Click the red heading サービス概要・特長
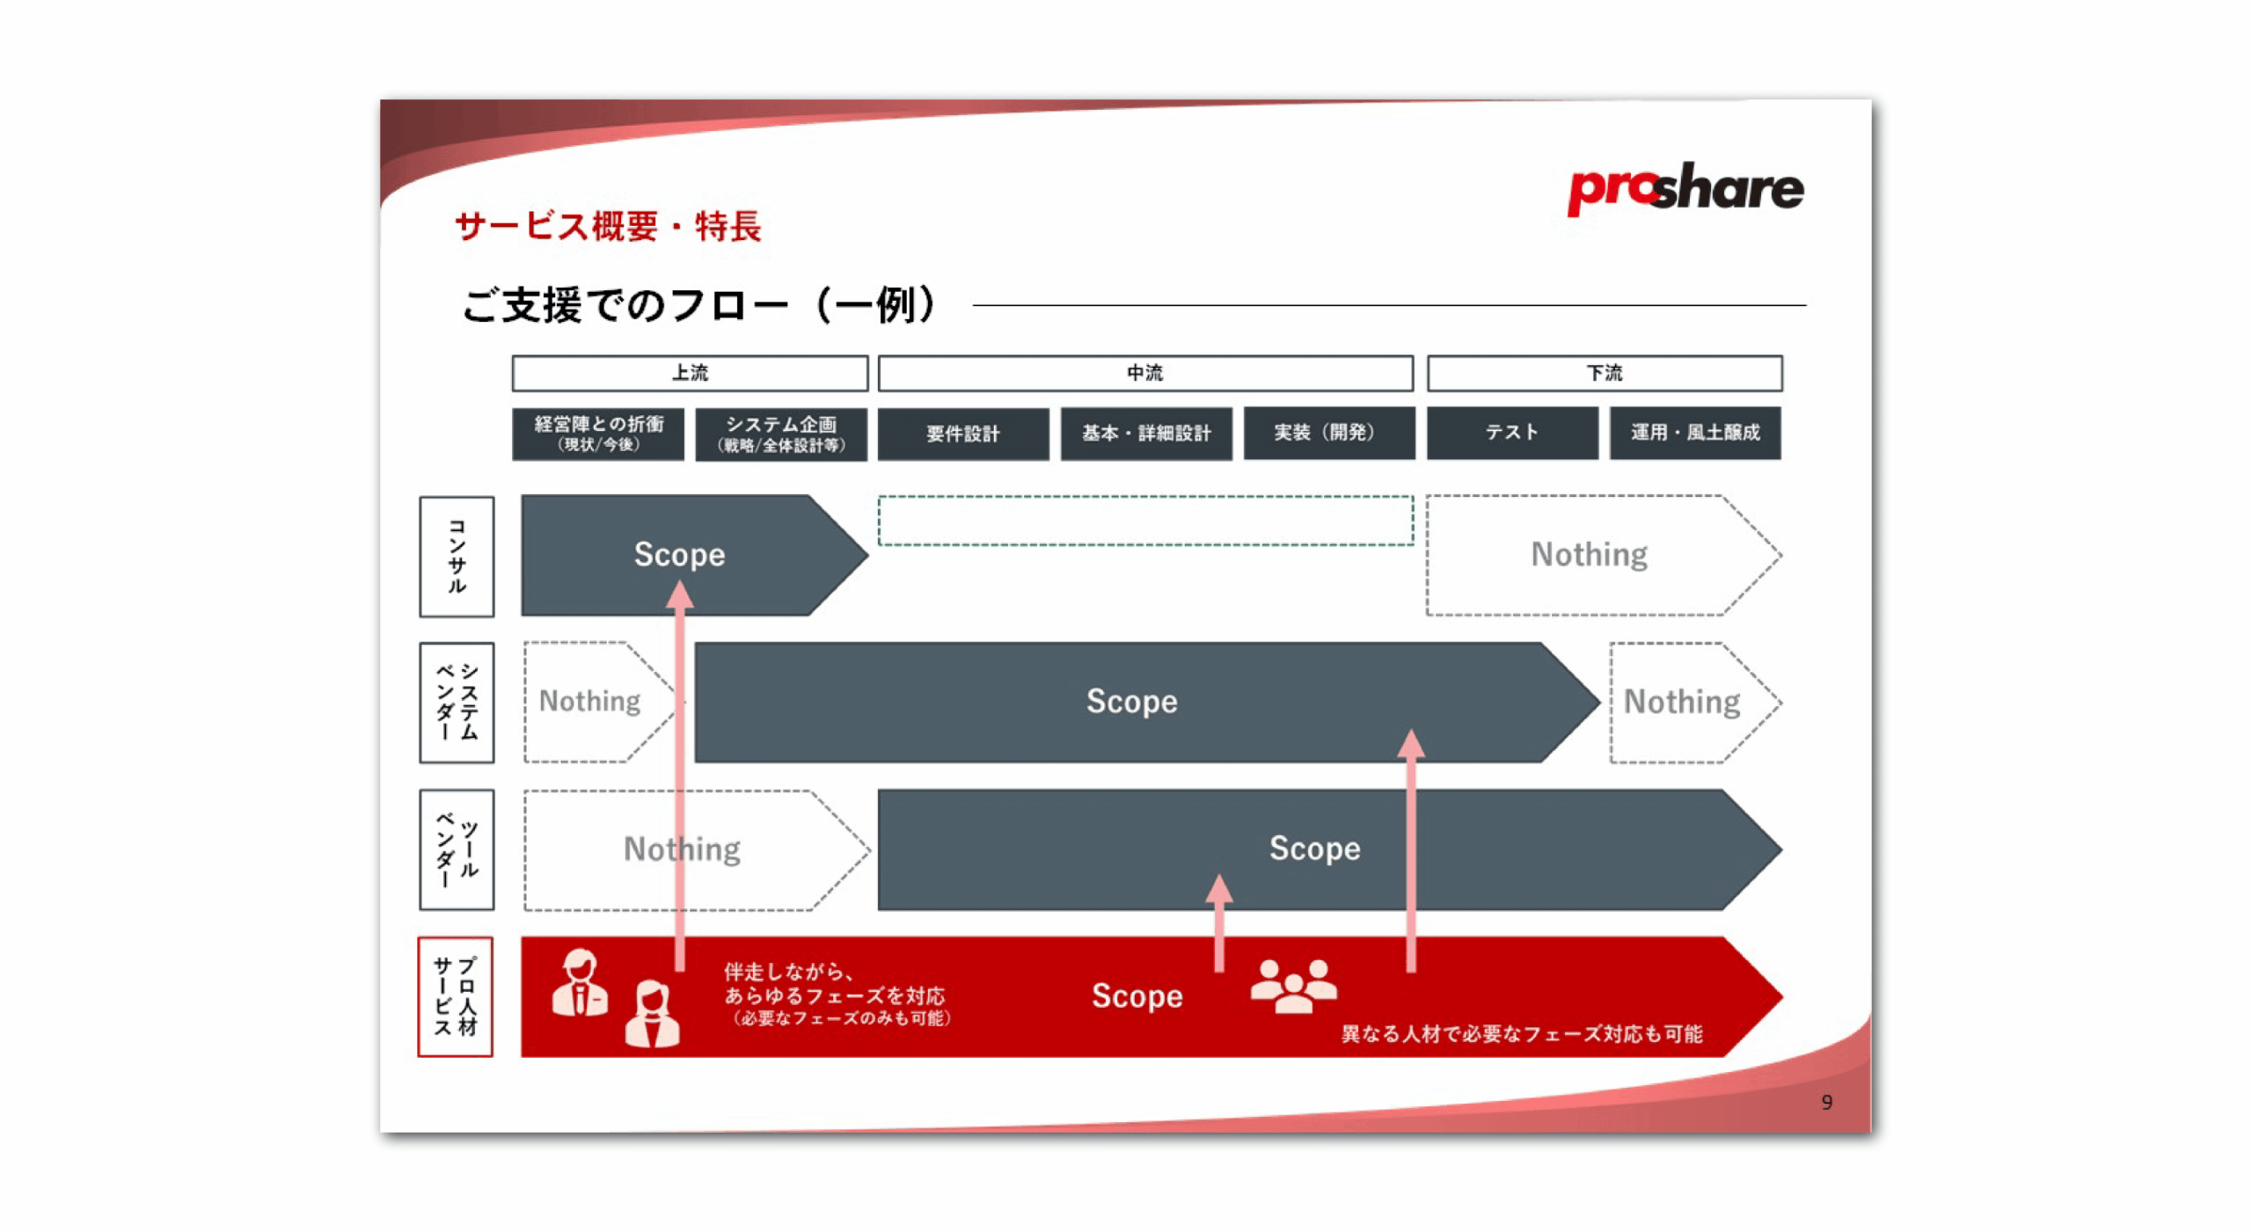click(x=607, y=226)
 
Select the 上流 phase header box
click(x=689, y=373)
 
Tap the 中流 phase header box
click(x=1144, y=373)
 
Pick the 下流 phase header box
click(x=1604, y=373)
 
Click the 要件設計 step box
click(x=962, y=433)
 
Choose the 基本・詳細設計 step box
click(x=1145, y=433)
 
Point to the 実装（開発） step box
click(x=1328, y=433)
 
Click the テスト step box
click(x=1511, y=433)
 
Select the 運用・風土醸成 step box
click(x=1694, y=433)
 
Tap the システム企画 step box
click(x=780, y=434)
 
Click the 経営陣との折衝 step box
click(x=597, y=434)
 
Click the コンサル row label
click(x=456, y=556)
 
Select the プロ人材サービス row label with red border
click(x=455, y=995)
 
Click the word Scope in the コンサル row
click(x=679, y=554)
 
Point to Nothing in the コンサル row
click(x=1589, y=554)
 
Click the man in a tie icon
click(x=579, y=982)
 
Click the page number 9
click(x=1826, y=1102)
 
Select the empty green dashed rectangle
click(x=1144, y=520)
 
